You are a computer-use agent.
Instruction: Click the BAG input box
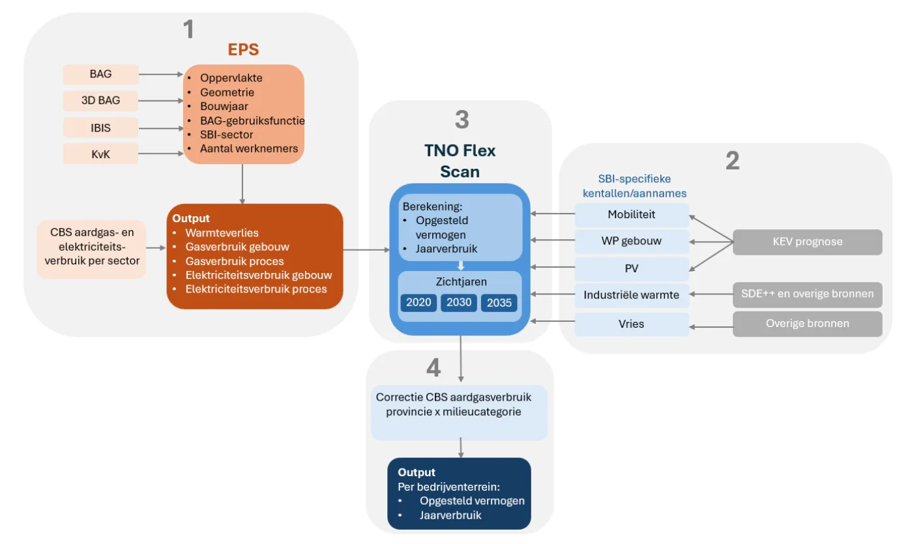point(100,74)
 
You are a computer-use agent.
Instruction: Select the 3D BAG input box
point(100,101)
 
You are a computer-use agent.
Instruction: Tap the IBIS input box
point(100,128)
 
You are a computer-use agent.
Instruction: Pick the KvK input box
point(100,154)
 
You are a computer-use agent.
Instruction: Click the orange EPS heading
point(243,50)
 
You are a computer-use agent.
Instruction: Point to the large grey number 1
point(188,29)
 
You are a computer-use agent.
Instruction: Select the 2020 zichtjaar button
point(418,303)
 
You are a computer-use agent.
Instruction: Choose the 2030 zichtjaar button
point(458,303)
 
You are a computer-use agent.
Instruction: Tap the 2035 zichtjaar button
point(499,303)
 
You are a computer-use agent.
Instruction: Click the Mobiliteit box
point(631,214)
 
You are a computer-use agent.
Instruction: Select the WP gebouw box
point(631,241)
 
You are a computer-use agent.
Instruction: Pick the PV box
point(631,268)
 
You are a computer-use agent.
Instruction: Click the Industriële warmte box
point(631,295)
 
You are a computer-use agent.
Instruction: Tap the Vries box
point(631,324)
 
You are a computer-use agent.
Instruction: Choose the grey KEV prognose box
point(807,242)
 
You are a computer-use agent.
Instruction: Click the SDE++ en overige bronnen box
point(807,294)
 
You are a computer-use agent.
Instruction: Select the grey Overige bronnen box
point(807,324)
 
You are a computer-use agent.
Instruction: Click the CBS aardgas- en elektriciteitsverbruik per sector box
point(91,250)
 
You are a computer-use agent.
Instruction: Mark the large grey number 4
point(433,368)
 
